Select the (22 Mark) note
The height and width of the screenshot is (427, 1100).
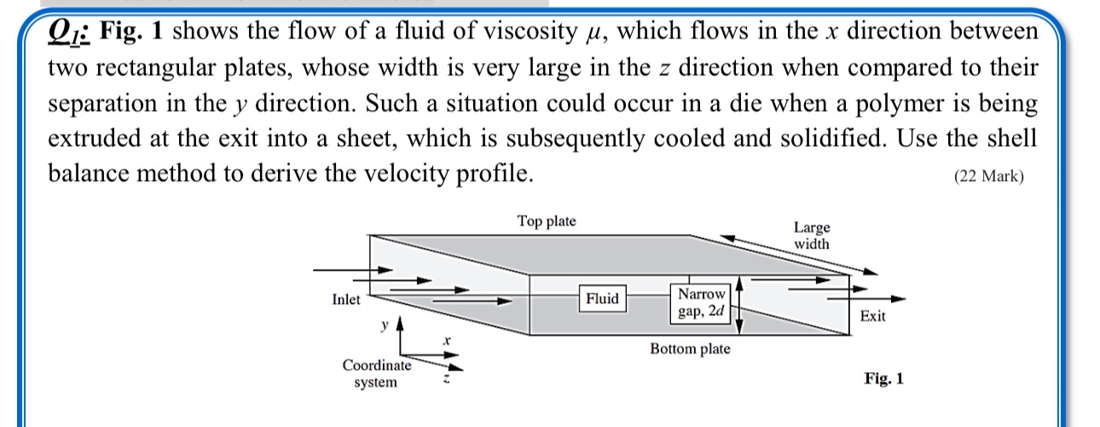point(988,177)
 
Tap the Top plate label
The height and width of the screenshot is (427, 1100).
point(547,221)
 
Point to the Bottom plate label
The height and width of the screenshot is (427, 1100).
point(690,348)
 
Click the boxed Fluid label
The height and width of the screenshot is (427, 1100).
point(602,298)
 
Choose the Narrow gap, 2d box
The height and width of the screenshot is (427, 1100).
point(702,302)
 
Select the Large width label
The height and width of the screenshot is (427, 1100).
point(811,235)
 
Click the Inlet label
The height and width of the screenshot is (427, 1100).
point(345,300)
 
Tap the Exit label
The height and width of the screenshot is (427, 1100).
point(872,316)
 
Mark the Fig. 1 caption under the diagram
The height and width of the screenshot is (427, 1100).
point(883,377)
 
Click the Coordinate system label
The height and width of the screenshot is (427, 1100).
point(376,373)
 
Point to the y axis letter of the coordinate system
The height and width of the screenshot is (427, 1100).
point(385,325)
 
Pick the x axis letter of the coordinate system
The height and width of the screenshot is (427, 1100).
point(445,341)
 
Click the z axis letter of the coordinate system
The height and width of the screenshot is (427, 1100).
point(445,380)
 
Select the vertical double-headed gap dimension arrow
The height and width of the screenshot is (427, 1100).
point(740,302)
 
